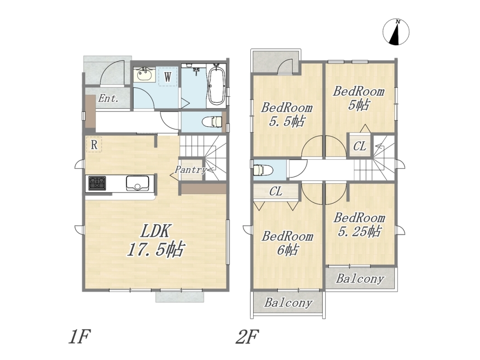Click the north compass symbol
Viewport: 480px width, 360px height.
click(x=396, y=32)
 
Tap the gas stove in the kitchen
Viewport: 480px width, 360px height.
click(x=97, y=183)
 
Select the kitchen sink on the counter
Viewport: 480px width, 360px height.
click(x=138, y=183)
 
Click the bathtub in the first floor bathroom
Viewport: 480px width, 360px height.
click(x=216, y=84)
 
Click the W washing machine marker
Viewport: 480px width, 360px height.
click(x=168, y=77)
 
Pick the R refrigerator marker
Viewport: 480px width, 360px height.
click(x=94, y=144)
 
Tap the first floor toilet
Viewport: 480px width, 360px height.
click(x=212, y=121)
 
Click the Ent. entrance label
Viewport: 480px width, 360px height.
click(x=108, y=98)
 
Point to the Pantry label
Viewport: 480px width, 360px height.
click(x=190, y=169)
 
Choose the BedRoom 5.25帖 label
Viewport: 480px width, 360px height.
click(x=360, y=225)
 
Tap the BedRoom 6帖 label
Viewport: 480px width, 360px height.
click(x=288, y=243)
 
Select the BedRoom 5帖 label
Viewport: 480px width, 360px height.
click(x=359, y=98)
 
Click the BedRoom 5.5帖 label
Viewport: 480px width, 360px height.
click(x=287, y=115)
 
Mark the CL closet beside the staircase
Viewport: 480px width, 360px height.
click(x=360, y=146)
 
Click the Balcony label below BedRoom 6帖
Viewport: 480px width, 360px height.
click(x=288, y=303)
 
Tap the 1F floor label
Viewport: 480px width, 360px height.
click(x=80, y=337)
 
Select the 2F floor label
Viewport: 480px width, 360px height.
click(x=247, y=337)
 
